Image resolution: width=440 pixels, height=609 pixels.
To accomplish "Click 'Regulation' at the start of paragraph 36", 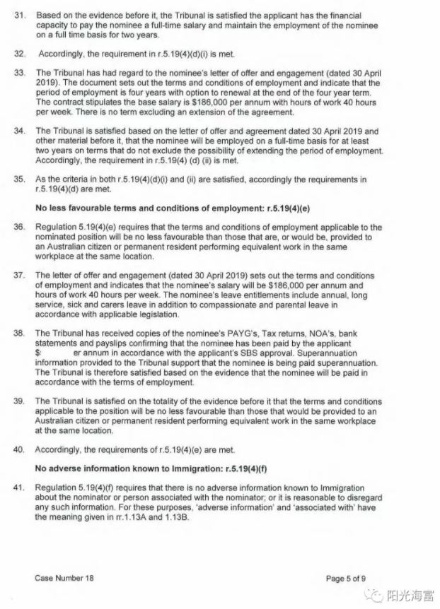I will (x=57, y=227).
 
